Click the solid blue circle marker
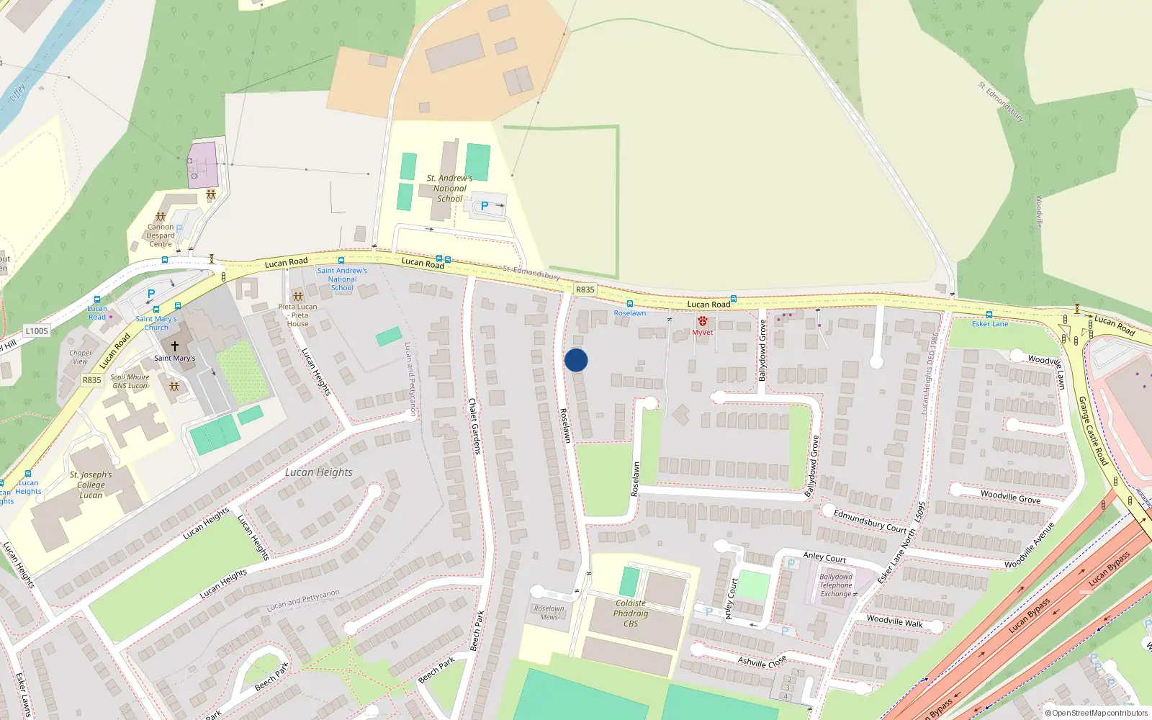tap(576, 360)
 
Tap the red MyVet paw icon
tap(702, 322)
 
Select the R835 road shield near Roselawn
tap(585, 289)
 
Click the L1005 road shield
tap(36, 331)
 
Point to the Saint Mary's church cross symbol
tap(174, 346)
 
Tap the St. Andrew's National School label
tap(449, 189)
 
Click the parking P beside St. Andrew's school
tap(485, 206)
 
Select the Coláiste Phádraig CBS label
tap(631, 613)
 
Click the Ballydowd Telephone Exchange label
tap(836, 585)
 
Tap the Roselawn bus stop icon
tap(630, 304)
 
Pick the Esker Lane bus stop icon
tap(989, 315)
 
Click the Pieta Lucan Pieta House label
tap(297, 315)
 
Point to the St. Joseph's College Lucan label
tap(91, 485)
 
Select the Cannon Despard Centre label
tap(161, 235)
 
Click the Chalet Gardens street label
tap(474, 426)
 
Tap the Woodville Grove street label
tap(1010, 496)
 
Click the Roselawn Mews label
tap(549, 613)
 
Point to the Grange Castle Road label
tap(1093, 431)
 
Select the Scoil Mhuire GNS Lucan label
tap(130, 381)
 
